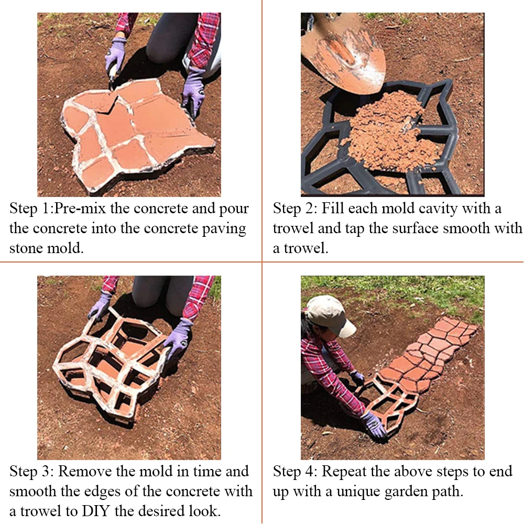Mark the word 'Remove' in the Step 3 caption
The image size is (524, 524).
click(x=82, y=471)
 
